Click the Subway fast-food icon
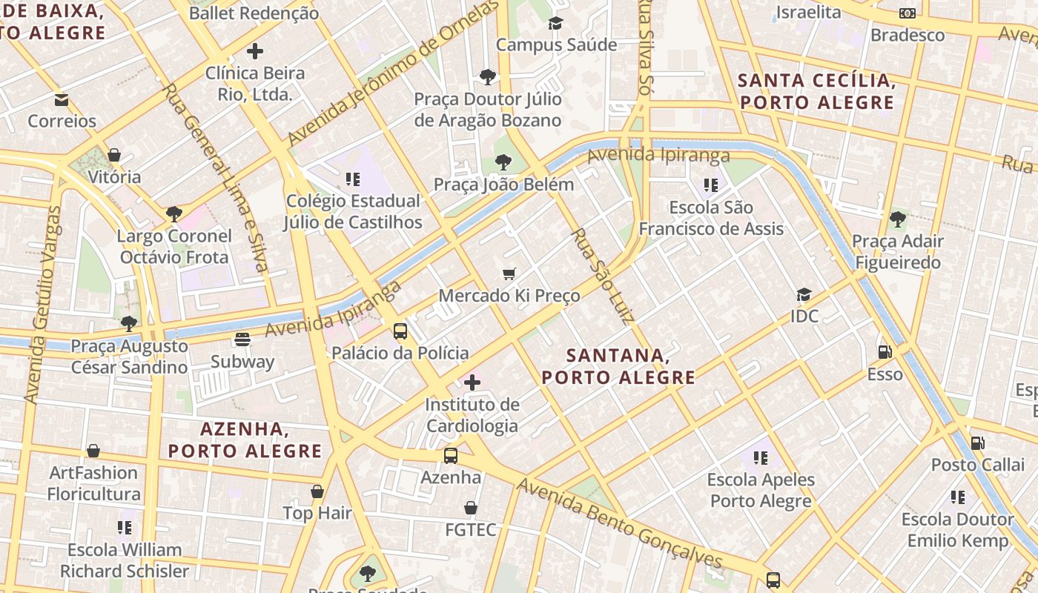coord(242,339)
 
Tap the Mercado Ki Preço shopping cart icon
coord(509,274)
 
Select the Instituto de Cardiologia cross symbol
coord(472,382)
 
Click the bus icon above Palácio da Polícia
coord(400,331)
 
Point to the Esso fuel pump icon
coord(885,352)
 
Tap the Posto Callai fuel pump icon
coord(978,443)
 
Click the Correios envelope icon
coord(62,99)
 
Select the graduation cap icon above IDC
coord(804,295)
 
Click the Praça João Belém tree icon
coord(503,162)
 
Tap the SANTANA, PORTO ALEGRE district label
coord(618,366)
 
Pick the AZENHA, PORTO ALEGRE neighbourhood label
coord(245,440)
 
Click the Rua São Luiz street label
coord(602,276)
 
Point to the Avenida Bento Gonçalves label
coord(619,523)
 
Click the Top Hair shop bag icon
coord(317,491)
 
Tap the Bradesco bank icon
coord(907,13)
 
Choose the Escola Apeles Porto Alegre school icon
coord(761,458)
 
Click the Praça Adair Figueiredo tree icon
coord(897,219)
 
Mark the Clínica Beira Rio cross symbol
coord(254,51)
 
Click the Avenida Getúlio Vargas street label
coord(43,304)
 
